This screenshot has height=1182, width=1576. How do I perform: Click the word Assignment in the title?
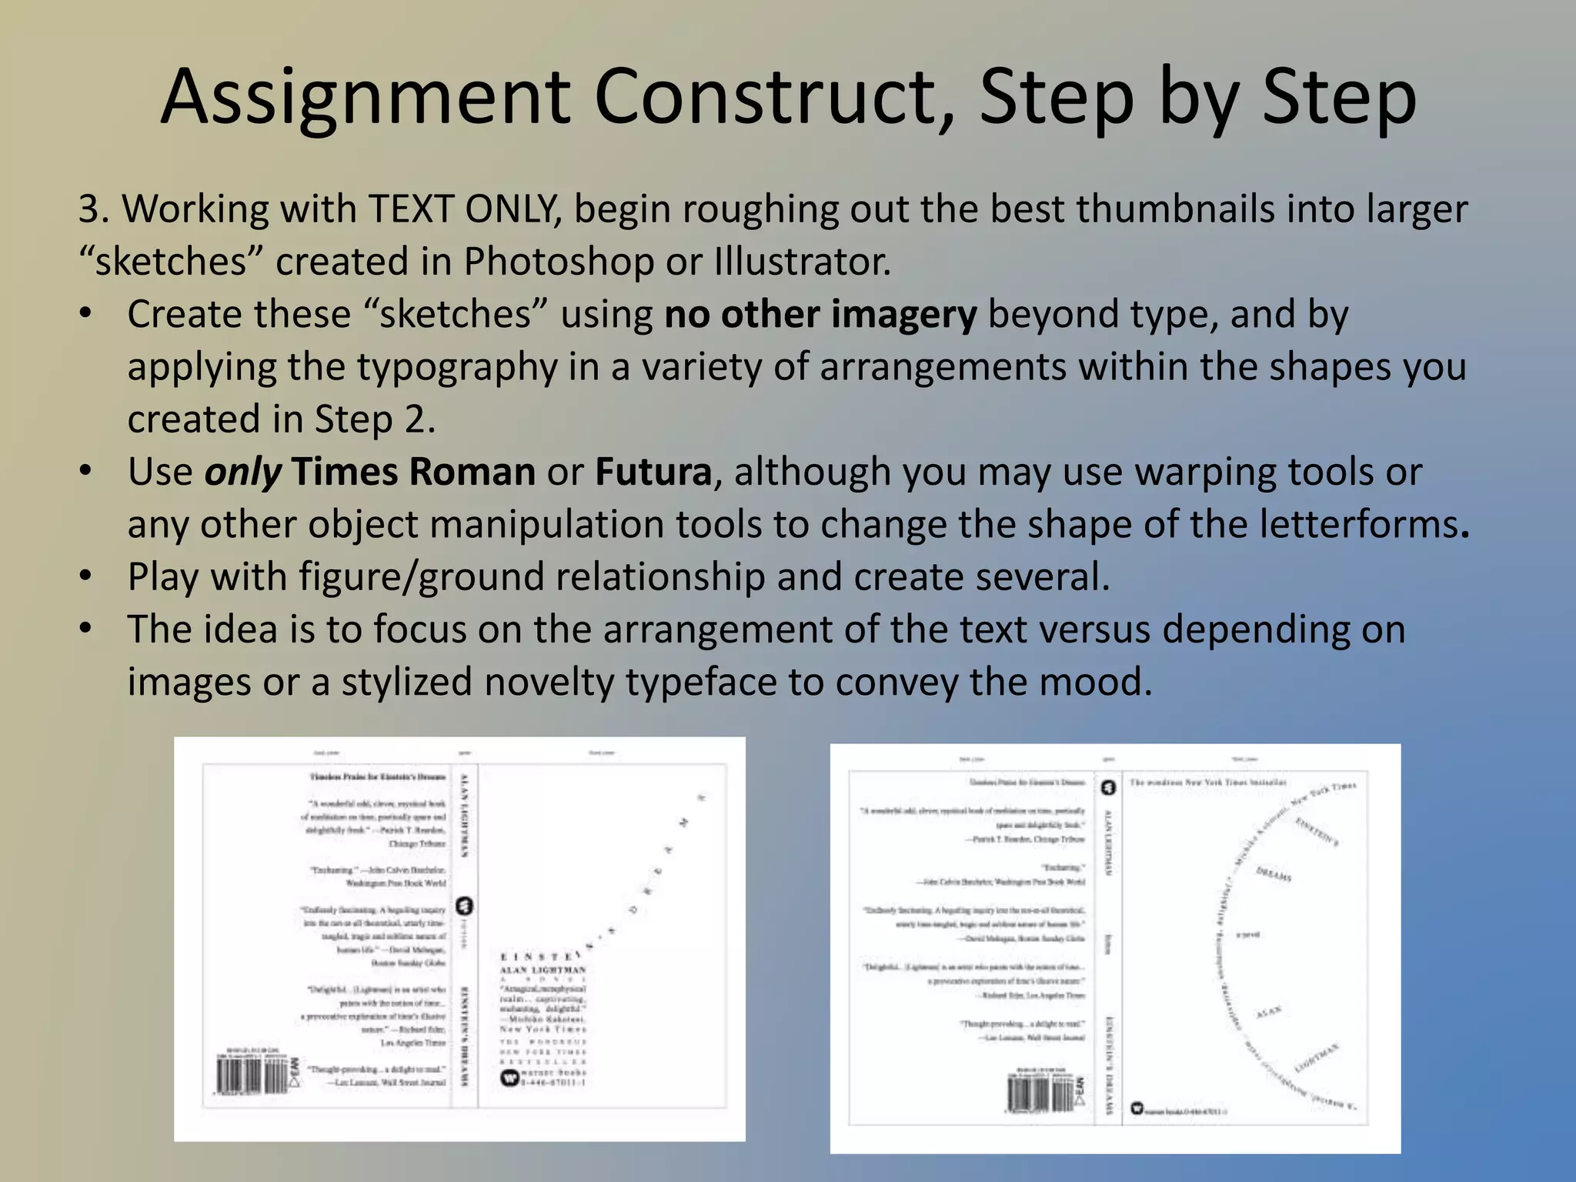[366, 98]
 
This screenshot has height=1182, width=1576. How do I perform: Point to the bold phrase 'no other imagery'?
[820, 315]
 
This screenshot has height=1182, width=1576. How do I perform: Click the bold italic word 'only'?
[242, 472]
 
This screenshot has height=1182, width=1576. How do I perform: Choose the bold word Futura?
[653, 472]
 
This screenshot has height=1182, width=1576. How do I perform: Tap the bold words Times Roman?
[413, 472]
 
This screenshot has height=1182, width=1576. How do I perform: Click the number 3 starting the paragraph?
[89, 209]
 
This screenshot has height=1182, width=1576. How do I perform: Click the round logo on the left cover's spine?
[465, 906]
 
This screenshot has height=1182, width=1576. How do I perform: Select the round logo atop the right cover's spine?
[1108, 787]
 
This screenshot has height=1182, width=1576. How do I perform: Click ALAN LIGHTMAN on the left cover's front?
[543, 970]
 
